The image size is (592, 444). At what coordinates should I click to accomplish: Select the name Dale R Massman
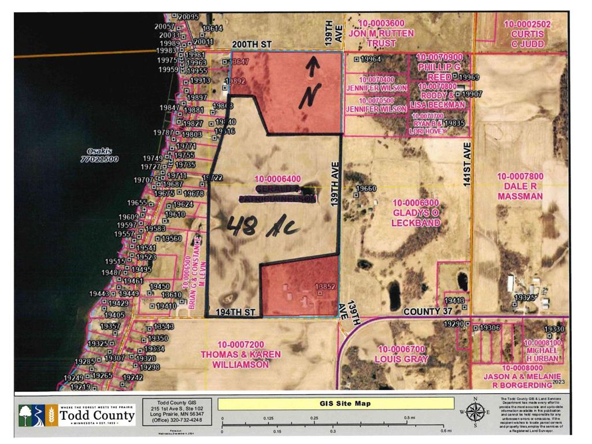520,191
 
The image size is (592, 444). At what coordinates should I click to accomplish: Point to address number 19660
366,189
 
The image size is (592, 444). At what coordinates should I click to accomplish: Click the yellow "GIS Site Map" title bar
328,404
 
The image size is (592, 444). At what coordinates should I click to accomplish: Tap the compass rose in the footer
475,412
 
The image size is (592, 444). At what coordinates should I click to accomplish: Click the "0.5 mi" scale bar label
409,417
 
